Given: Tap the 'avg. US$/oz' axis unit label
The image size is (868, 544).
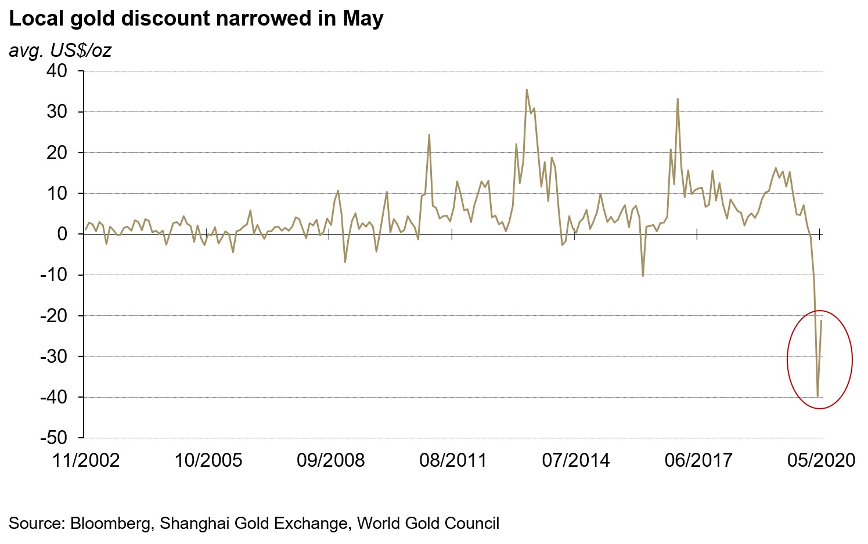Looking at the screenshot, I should [60, 51].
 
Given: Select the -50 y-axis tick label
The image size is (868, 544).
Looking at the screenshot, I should [53, 438].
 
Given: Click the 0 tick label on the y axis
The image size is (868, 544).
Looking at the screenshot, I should [62, 234].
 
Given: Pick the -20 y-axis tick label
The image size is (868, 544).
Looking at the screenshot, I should [53, 316].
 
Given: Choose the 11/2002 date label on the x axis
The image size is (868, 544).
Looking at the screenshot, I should [86, 460].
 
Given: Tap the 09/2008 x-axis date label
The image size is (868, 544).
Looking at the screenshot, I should [330, 460].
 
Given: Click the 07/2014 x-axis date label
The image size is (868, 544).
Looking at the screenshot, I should [576, 460].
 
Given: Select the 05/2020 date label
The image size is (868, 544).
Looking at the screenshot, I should [821, 460].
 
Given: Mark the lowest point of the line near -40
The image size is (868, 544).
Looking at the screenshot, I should [817, 397].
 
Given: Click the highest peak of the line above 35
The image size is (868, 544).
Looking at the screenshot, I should [527, 89].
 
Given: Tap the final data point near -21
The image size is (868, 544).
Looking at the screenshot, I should [821, 320].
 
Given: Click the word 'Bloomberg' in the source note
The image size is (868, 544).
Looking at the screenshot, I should [110, 523].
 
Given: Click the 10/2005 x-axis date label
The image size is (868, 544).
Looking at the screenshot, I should [208, 460].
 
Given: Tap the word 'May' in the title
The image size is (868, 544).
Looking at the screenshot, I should [363, 19].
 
